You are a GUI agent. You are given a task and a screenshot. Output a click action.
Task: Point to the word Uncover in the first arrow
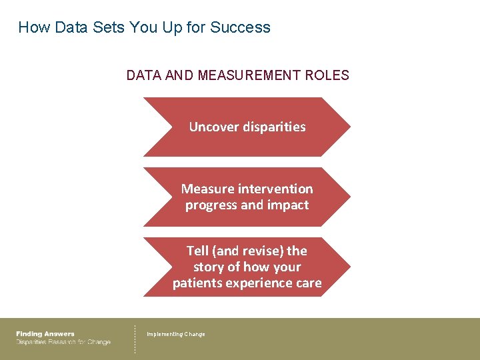point(211,127)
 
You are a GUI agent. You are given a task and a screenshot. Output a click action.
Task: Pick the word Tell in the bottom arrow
point(198,251)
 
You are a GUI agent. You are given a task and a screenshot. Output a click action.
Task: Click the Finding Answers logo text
point(45,334)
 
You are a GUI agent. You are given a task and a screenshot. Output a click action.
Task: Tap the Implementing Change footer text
point(176,334)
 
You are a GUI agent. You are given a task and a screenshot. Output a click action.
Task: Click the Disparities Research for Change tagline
point(63,342)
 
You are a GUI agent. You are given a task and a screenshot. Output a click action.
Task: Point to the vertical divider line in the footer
point(135,339)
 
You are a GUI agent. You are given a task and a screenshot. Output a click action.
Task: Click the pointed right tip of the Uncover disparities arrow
point(348,127)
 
